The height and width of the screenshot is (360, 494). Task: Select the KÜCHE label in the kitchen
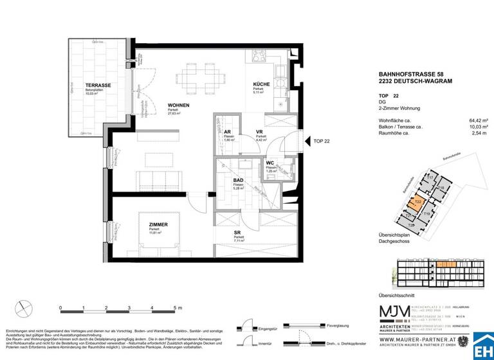point(261,85)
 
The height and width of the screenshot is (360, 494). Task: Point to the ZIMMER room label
point(158,224)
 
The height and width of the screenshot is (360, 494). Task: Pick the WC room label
point(271,163)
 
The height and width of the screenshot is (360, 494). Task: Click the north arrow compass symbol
point(24,308)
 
